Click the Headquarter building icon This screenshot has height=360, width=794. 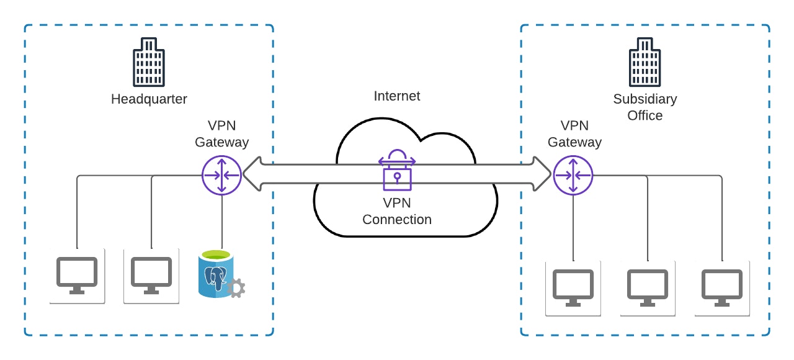point(149,62)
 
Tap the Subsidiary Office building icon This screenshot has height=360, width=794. point(645,62)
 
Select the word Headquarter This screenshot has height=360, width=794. point(149,99)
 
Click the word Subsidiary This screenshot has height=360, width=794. point(645,99)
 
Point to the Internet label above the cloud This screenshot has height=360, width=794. point(397,96)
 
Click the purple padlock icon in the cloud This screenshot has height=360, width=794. point(397,170)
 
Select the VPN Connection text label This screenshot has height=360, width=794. point(397,211)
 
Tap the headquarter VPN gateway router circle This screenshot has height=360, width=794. point(221,175)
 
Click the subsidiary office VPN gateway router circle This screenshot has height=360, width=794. point(573,175)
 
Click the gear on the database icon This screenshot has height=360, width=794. point(236,288)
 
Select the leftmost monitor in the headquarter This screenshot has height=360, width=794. point(77,276)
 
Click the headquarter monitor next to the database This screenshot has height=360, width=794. point(151,276)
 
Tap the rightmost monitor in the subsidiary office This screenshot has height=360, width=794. point(722,287)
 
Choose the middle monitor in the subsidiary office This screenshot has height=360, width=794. point(648,287)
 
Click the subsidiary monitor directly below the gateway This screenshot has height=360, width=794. point(573,287)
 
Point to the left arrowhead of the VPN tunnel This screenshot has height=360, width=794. point(250,174)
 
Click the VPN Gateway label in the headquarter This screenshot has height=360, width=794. point(221,134)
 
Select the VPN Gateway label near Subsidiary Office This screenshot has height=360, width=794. point(574,134)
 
